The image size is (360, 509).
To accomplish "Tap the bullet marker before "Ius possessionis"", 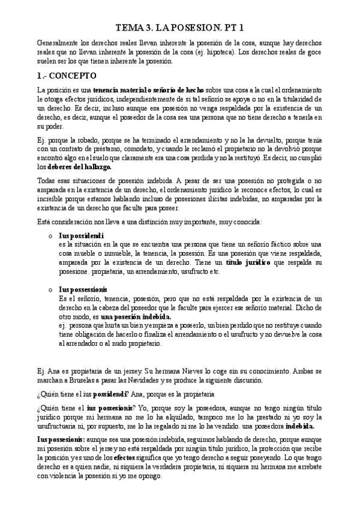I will click(52, 289).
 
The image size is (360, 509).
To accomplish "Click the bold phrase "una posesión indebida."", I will click(136, 317).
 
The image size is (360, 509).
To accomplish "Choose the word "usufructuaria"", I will click(62, 426).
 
